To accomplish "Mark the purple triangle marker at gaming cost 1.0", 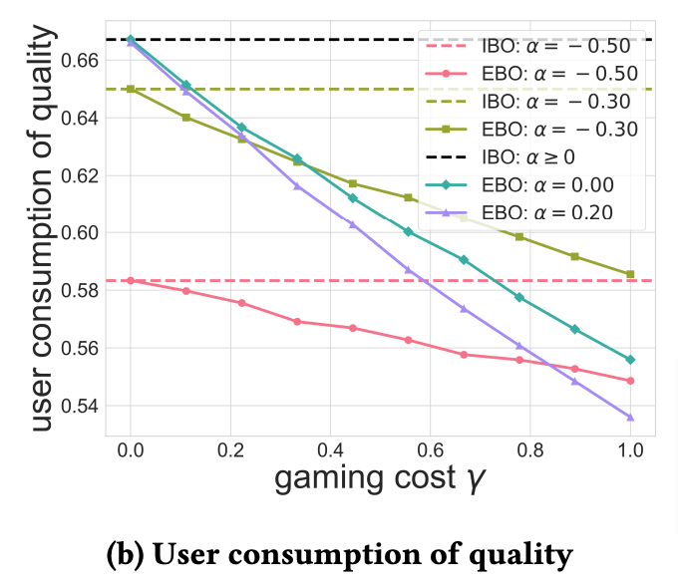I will (x=630, y=417).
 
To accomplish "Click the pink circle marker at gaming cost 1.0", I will (x=630, y=381).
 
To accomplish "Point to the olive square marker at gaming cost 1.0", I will (x=630, y=274).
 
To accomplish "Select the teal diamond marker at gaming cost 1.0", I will (x=630, y=359).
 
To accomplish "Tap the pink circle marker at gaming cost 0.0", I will (x=130, y=281).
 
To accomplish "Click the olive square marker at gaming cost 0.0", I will (x=130, y=90).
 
